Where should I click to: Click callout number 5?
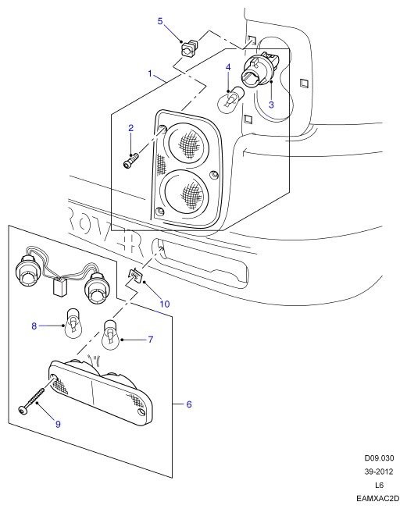pyautogui.click(x=160, y=21)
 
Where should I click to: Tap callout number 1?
pyautogui.click(x=150, y=73)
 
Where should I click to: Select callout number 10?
pyautogui.click(x=165, y=304)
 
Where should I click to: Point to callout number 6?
pyautogui.click(x=189, y=404)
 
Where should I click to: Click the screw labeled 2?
pyautogui.click(x=131, y=161)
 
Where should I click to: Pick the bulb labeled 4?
pyautogui.click(x=230, y=99)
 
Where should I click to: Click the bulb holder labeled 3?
pyautogui.click(x=260, y=69)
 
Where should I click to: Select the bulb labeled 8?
pyautogui.click(x=73, y=324)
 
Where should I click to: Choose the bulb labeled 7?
pyautogui.click(x=112, y=335)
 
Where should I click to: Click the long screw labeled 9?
pyautogui.click(x=31, y=400)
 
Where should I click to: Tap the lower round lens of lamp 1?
pyautogui.click(x=185, y=191)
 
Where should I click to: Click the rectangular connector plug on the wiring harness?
pyautogui.click(x=60, y=287)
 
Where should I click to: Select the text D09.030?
pyautogui.click(x=379, y=458)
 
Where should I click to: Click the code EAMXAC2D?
pyautogui.click(x=377, y=498)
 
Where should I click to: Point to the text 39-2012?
pyautogui.click(x=379, y=472)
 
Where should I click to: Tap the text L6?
pyautogui.click(x=379, y=485)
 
